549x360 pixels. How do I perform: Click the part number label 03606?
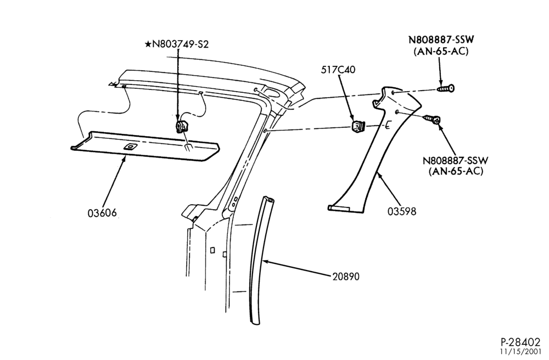point(102,212)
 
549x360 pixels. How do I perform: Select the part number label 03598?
point(402,211)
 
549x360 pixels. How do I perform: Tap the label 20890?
point(346,277)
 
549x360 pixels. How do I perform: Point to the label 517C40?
point(338,70)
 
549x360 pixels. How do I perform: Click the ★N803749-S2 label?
point(177,44)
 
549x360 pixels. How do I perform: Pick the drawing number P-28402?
point(520,341)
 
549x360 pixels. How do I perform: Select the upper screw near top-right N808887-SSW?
point(446,88)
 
